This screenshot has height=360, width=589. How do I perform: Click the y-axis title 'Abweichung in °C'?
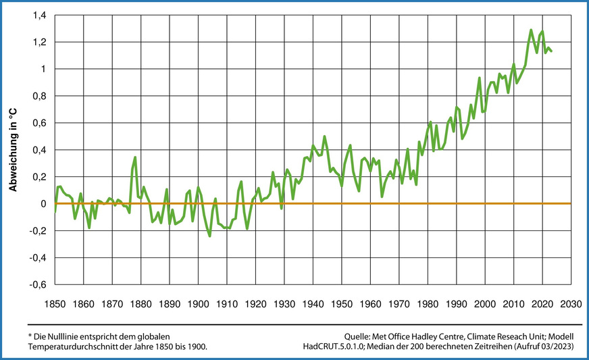12,149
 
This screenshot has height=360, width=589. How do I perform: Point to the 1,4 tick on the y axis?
38,15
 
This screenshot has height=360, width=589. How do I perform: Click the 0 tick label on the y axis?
42,204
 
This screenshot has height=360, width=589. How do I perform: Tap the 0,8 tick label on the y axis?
38,96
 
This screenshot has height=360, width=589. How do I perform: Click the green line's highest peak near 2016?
531,30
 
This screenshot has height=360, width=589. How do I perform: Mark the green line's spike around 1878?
135,157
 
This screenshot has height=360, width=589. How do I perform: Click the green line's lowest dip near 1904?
209,236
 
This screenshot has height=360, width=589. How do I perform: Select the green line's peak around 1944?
324,136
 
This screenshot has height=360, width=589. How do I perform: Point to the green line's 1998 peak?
479,78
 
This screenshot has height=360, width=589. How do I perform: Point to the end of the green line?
552,51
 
